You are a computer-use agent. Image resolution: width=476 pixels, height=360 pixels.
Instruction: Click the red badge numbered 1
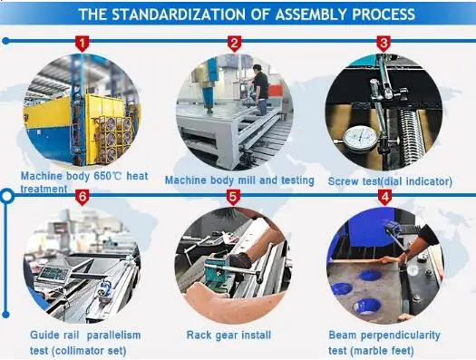click(83, 43)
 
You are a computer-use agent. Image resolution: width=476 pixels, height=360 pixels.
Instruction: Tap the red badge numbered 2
click(234, 43)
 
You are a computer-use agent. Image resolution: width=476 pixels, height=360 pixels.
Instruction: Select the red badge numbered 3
click(384, 43)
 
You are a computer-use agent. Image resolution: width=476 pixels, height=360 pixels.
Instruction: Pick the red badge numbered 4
click(384, 196)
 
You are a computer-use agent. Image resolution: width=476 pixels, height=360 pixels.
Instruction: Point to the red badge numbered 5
click(233, 196)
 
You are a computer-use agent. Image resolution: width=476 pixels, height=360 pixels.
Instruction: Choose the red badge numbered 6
click(83, 196)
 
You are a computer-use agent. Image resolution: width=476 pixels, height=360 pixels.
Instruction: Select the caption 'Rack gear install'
click(228, 336)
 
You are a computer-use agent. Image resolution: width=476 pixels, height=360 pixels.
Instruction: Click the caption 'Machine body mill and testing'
click(239, 180)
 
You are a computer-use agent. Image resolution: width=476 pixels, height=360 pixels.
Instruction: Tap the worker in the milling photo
click(260, 91)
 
